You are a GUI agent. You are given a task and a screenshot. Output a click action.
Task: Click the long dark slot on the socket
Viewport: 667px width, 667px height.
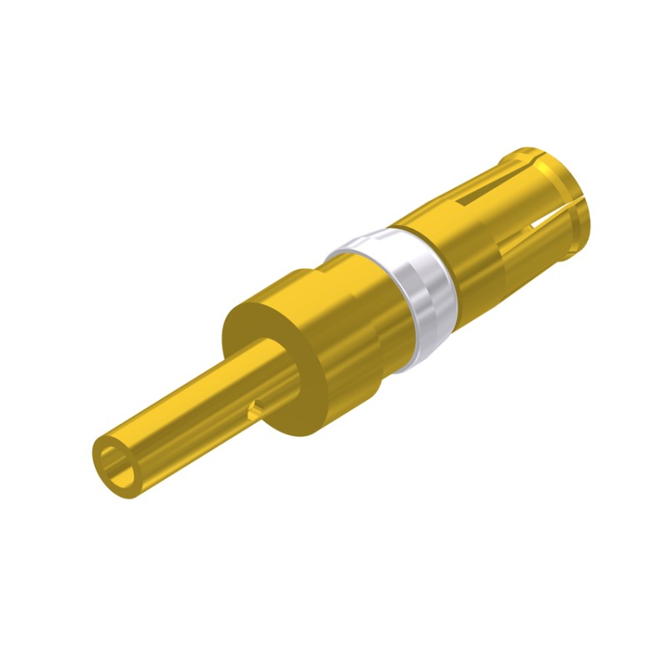(488, 192)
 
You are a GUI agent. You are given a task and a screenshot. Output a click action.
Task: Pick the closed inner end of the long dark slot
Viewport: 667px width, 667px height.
(460, 203)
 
